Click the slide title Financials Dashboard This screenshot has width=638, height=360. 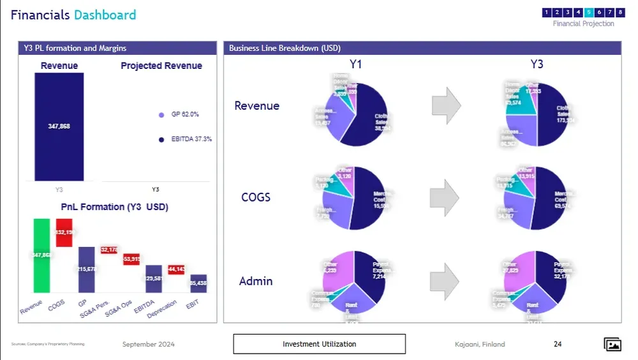(73, 15)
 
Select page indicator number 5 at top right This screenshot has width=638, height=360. (589, 12)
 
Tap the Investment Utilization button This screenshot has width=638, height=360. (319, 344)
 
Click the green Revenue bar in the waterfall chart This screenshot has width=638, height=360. (41, 255)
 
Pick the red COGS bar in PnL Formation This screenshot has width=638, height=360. (64, 232)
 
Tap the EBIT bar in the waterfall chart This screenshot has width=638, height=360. (198, 283)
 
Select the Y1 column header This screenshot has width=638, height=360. (356, 64)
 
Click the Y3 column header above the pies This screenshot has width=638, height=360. (537, 64)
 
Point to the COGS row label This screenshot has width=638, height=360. (256, 197)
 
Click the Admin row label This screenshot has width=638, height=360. (256, 281)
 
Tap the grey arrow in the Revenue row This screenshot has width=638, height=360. (446, 105)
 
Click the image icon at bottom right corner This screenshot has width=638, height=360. (612, 345)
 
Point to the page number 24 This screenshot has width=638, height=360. (558, 344)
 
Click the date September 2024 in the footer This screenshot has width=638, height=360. (148, 344)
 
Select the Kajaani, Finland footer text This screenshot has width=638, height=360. (475, 344)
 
